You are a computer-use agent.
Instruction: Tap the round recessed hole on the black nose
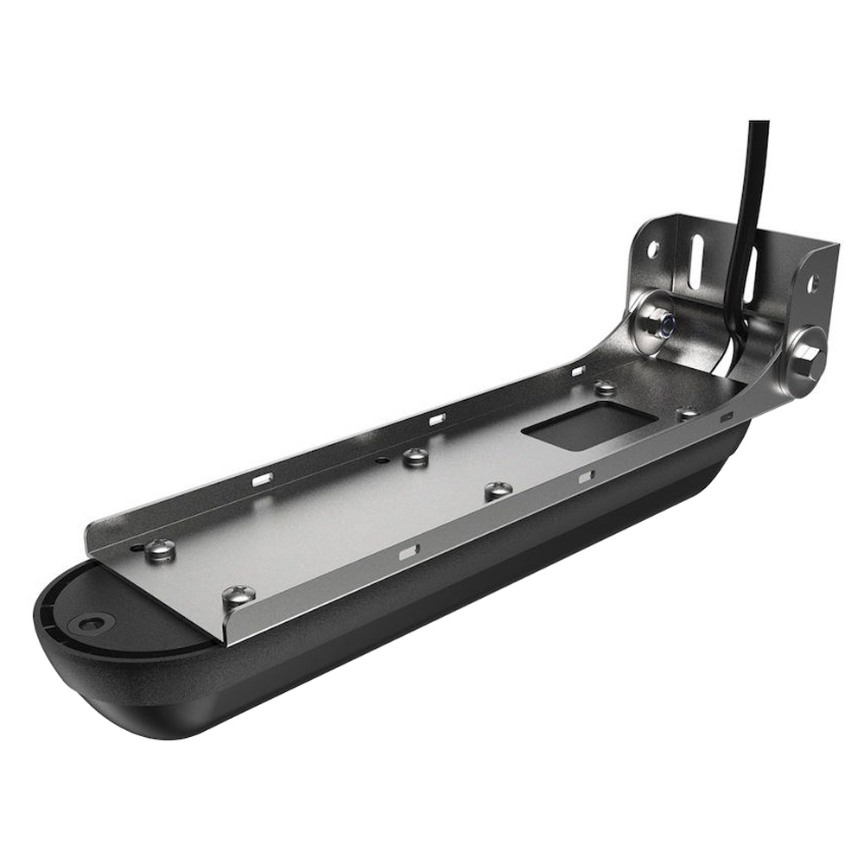[91, 622]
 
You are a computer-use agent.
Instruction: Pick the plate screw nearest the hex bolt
[688, 414]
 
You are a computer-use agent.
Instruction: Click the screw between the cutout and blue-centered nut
[605, 388]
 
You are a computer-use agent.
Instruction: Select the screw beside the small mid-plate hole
[416, 456]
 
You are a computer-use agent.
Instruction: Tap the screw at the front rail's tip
[238, 595]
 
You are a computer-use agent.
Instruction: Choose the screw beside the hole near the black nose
[160, 549]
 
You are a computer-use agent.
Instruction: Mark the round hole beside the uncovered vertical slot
[653, 249]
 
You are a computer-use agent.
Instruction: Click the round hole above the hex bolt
[813, 283]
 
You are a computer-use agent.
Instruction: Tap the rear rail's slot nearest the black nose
[262, 478]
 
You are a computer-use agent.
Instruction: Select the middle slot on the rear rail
[436, 419]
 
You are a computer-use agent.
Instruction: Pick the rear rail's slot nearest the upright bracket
[578, 372]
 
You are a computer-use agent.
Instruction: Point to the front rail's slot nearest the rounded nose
[408, 550]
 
